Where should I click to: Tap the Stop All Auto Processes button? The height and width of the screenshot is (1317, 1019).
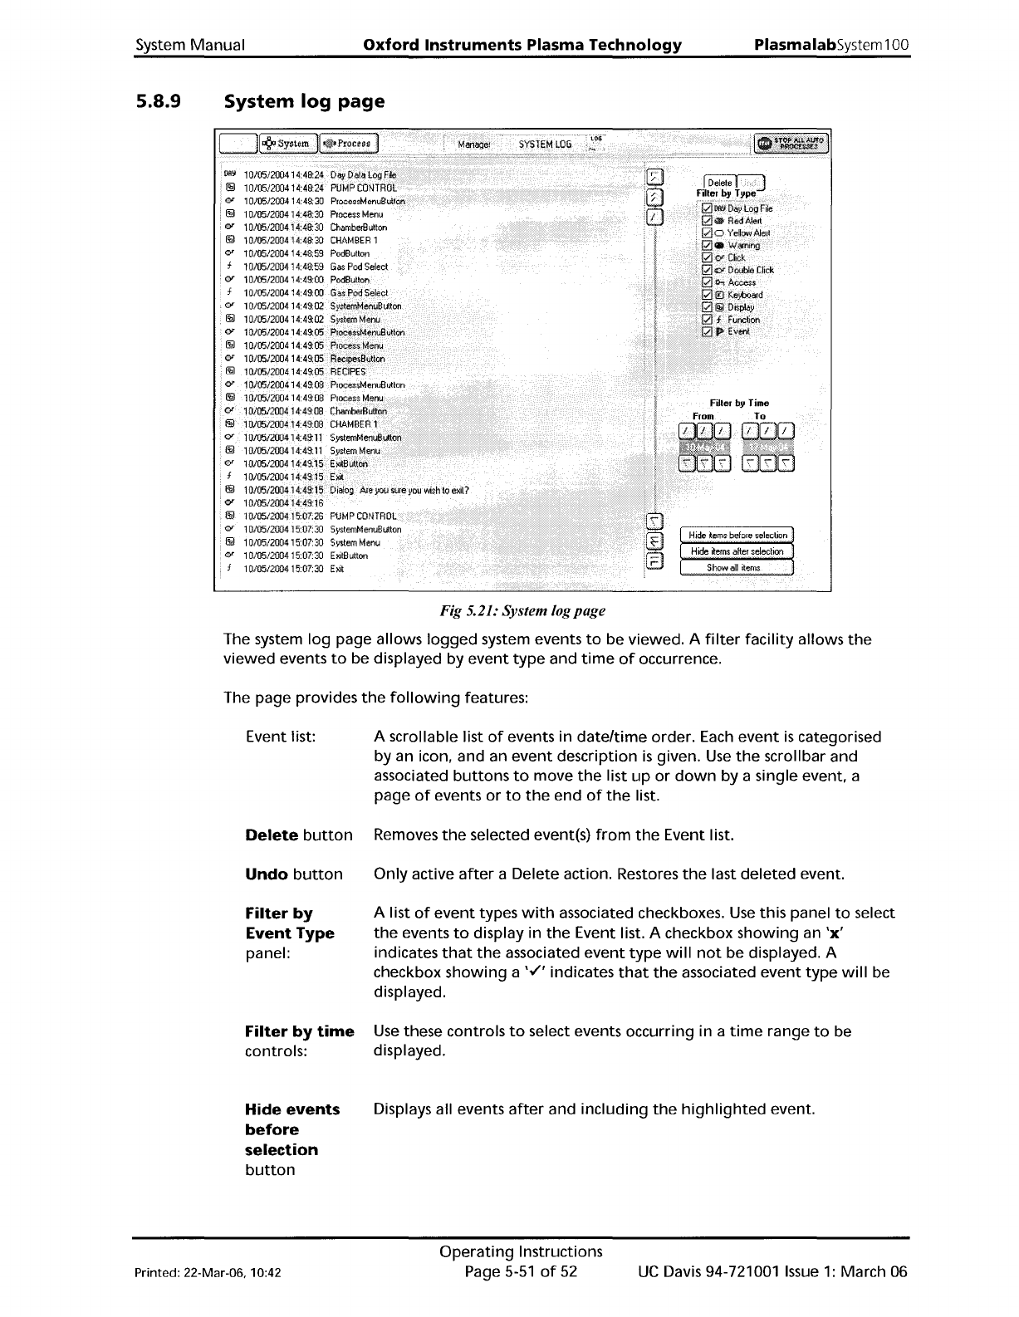click(x=791, y=144)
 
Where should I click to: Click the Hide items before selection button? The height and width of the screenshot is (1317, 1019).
click(x=737, y=536)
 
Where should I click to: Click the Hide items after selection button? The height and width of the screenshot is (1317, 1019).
click(x=737, y=551)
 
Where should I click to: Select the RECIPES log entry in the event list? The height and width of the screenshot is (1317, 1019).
click(x=348, y=372)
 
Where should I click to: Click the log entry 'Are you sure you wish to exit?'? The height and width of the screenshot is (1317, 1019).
click(x=399, y=490)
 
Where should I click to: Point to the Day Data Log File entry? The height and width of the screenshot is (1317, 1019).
click(x=363, y=175)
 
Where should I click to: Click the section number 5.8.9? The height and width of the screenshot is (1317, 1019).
click(x=159, y=102)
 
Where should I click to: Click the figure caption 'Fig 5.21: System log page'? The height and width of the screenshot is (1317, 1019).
click(x=522, y=611)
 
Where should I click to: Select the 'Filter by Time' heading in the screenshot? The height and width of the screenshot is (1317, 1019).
click(x=739, y=403)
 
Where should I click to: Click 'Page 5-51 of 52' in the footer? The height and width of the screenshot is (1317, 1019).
click(x=521, y=1272)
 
